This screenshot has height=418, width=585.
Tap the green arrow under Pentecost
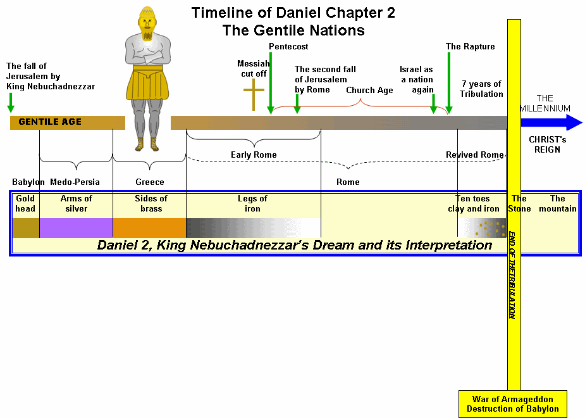tap(270, 82)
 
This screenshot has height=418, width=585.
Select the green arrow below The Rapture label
tap(448, 82)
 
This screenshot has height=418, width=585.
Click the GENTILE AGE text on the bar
tap(50, 122)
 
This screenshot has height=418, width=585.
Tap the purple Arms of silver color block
tap(76, 227)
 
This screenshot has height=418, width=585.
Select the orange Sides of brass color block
tap(149, 227)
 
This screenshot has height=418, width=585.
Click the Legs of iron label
tap(252, 203)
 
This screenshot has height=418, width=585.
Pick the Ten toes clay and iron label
tap(473, 203)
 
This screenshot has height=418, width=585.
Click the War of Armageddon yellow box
tap(512, 404)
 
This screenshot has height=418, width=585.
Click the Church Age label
tap(369, 90)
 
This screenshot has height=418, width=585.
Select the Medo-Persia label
tap(75, 182)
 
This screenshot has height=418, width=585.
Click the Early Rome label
tap(253, 155)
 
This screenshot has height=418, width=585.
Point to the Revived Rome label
tap(474, 155)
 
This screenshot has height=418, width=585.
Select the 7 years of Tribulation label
tap(481, 89)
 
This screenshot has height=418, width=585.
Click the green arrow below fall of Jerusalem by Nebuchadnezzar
tap(11, 101)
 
